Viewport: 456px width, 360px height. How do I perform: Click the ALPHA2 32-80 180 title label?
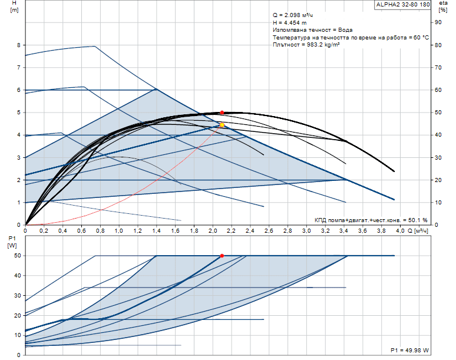point(403,5)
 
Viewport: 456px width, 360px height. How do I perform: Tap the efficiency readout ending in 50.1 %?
point(371,220)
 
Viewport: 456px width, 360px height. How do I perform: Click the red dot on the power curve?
point(222,256)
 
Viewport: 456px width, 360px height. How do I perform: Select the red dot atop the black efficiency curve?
point(222,112)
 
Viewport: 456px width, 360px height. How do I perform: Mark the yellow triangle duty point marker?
point(222,125)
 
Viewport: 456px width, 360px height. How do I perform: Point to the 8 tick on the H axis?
point(19,45)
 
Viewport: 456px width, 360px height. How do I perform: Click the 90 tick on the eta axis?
point(438,22)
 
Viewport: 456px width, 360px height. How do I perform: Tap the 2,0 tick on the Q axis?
point(212,230)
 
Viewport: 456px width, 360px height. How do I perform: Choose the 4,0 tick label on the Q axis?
point(399,230)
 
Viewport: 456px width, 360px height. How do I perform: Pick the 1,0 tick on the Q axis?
point(118,230)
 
